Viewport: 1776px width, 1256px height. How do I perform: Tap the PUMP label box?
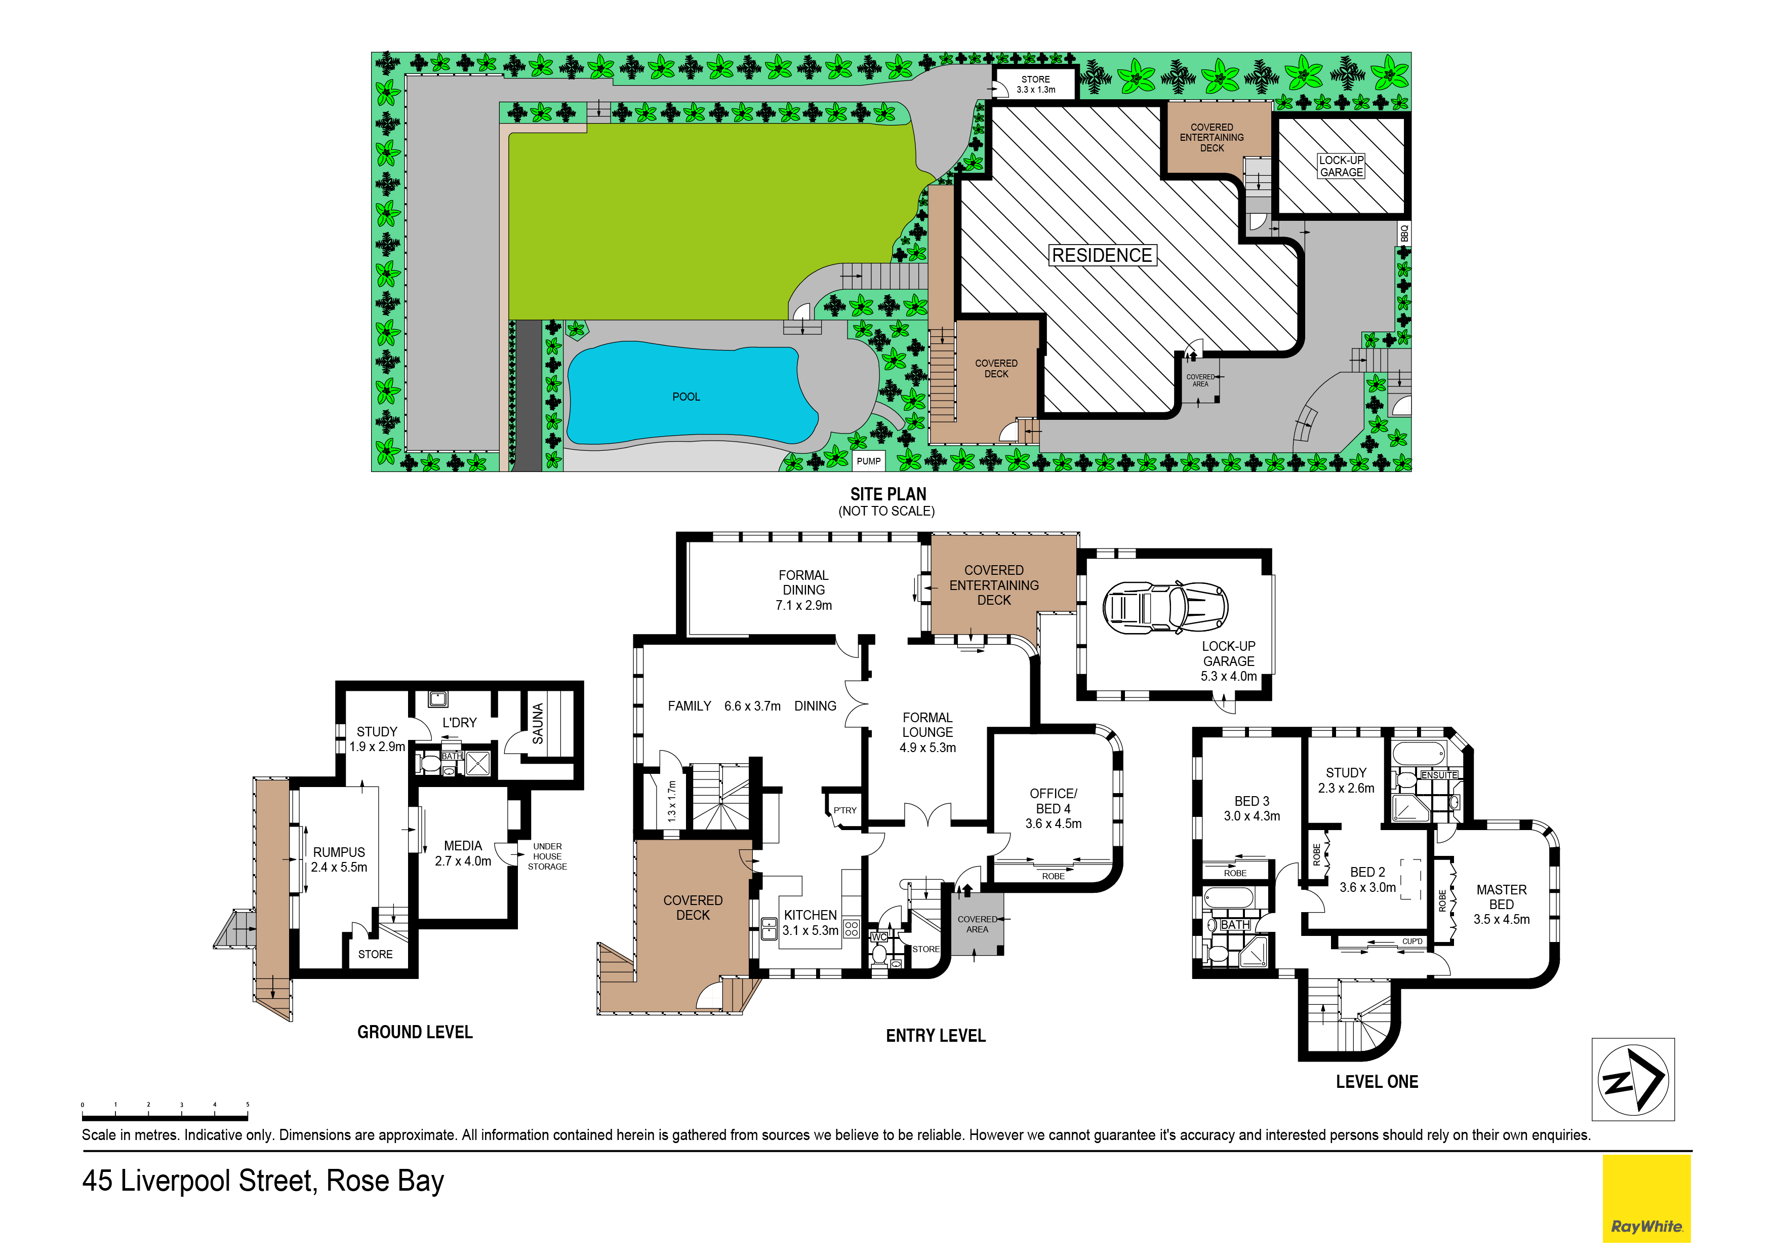coord(869,461)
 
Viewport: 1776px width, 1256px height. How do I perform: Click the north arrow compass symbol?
coord(1633,1080)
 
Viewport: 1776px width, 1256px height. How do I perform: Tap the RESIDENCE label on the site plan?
coord(1102,255)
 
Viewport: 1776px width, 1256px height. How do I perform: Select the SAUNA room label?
coord(538,724)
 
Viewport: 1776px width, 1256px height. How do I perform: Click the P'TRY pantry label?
coord(844,810)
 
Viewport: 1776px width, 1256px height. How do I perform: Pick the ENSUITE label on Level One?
coord(1439,775)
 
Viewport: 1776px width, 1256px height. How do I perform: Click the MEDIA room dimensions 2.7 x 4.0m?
coord(463,861)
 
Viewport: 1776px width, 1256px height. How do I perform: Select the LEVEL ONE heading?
coord(1377,1082)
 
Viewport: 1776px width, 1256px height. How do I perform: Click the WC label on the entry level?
coord(879,937)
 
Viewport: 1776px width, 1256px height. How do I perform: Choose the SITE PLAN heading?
coord(888,494)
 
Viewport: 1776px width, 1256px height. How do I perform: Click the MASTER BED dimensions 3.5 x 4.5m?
coord(1502,919)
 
